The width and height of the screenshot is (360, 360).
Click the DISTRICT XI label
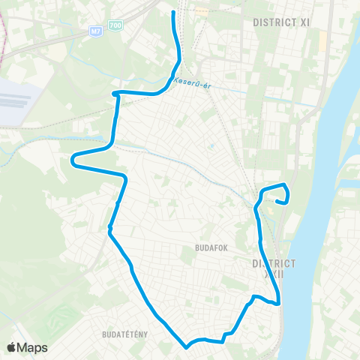click(281, 22)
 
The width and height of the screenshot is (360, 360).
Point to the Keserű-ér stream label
click(191, 83)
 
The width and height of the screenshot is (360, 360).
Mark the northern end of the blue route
click(174, 13)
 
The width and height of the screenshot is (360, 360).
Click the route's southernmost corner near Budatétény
click(186, 347)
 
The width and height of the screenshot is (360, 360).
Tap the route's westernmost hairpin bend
click(73, 158)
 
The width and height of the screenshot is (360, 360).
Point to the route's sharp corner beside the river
click(278, 304)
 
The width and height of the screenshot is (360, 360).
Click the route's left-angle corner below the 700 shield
click(115, 94)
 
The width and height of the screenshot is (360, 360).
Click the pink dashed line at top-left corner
click(4, 30)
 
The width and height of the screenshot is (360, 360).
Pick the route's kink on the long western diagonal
click(109, 227)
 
